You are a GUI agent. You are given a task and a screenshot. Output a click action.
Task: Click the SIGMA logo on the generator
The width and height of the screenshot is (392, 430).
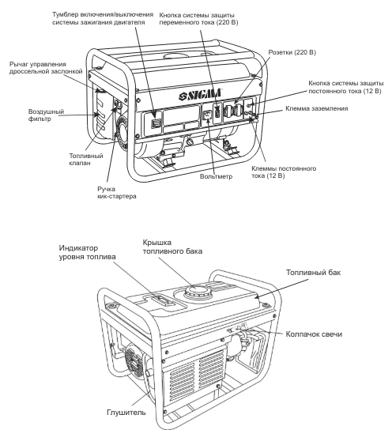click(x=200, y=94)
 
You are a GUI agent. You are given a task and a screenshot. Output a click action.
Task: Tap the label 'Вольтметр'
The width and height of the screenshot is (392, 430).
click(x=216, y=176)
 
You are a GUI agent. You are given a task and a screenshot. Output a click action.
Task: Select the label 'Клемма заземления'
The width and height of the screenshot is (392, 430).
click(x=317, y=108)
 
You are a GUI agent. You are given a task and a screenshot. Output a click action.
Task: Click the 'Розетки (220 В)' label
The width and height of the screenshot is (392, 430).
click(x=292, y=52)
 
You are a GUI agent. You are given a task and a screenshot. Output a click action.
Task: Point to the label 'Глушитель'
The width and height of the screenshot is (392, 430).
click(x=126, y=412)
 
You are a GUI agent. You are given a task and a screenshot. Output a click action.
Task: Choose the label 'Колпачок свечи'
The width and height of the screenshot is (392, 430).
click(x=314, y=334)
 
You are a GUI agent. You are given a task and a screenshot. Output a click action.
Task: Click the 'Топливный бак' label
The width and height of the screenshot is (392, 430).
click(x=313, y=273)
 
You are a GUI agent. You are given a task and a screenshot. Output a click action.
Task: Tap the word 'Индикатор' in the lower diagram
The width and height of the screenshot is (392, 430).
click(x=78, y=248)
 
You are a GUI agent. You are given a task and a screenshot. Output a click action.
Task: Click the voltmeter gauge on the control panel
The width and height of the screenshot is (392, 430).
click(x=208, y=115)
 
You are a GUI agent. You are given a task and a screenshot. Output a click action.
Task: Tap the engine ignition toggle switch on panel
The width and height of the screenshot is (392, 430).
click(x=156, y=123)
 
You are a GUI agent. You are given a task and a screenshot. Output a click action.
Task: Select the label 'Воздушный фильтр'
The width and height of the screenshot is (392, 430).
click(x=46, y=115)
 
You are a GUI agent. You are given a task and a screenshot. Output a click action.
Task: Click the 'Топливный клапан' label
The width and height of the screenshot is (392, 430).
click(x=86, y=160)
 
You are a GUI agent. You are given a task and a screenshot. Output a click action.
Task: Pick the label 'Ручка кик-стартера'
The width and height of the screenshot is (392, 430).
click(x=117, y=193)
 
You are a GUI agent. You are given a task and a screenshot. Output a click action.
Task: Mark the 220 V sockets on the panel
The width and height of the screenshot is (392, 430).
click(x=234, y=111)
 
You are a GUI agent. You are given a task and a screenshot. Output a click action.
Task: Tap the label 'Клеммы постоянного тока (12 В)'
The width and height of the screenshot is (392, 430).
click(x=284, y=172)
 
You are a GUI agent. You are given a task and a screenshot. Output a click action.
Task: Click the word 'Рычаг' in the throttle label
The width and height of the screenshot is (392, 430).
click(x=18, y=65)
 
